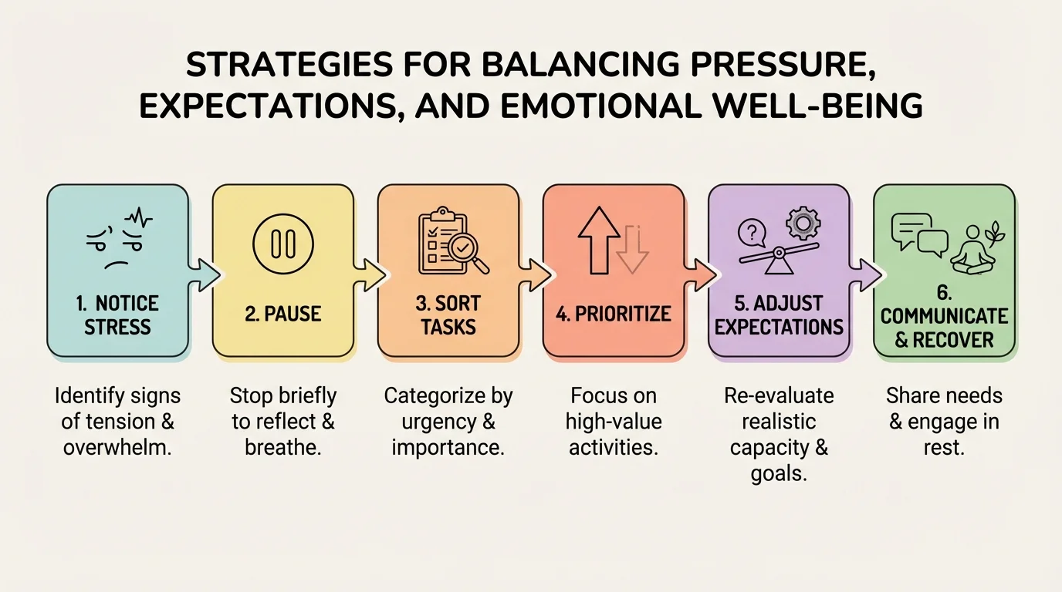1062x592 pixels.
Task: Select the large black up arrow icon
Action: click(599, 240)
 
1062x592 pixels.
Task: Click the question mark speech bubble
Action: click(752, 231)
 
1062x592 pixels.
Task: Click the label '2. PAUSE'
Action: click(282, 314)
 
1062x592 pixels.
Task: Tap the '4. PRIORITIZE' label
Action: click(614, 314)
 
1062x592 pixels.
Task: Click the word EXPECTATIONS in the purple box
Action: click(779, 327)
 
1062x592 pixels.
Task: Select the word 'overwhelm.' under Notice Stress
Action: click(117, 447)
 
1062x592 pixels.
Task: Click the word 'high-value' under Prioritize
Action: click(614, 422)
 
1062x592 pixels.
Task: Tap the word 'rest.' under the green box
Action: click(944, 447)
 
